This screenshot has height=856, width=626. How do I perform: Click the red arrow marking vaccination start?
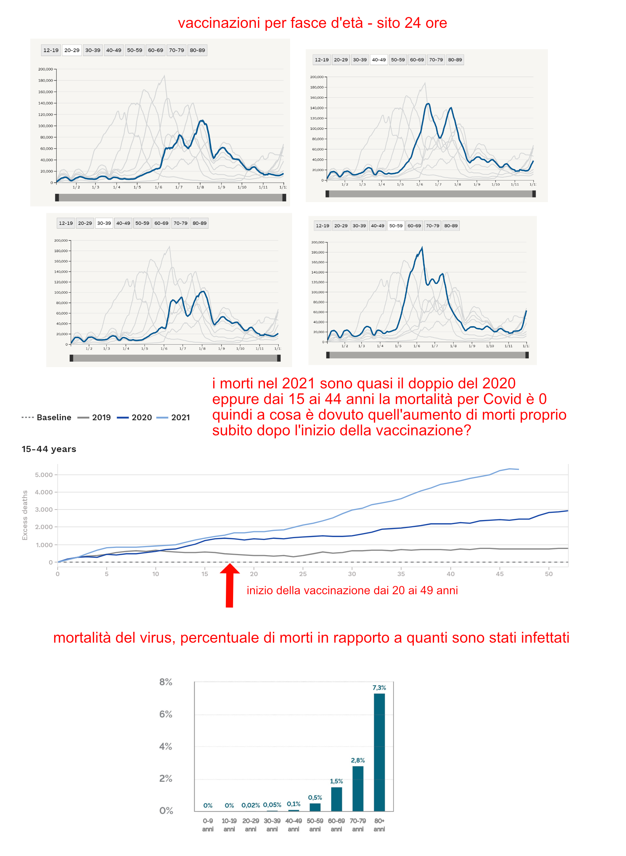(229, 586)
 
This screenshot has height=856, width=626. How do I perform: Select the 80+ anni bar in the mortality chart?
(379, 752)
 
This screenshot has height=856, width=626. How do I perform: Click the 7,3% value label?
(379, 688)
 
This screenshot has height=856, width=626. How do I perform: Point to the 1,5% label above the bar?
(336, 781)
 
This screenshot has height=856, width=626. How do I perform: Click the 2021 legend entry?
(173, 417)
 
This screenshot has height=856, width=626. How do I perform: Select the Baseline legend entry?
(47, 417)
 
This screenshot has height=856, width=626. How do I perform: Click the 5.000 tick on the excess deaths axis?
(44, 474)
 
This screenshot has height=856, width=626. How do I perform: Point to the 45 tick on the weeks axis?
(499, 574)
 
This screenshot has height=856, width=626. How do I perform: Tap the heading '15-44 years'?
(49, 449)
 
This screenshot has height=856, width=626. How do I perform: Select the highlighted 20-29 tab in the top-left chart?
(72, 50)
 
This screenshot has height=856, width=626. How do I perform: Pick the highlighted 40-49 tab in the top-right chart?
(378, 60)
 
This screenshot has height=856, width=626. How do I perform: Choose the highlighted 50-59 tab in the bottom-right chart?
(396, 226)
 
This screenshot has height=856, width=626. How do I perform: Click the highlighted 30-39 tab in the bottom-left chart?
(104, 223)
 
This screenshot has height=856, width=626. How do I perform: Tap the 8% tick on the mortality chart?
(166, 682)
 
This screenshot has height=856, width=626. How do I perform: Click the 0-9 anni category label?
(208, 825)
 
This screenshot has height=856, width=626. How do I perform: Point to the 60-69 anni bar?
(336, 799)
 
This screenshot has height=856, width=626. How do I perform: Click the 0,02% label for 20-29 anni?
(250, 805)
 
